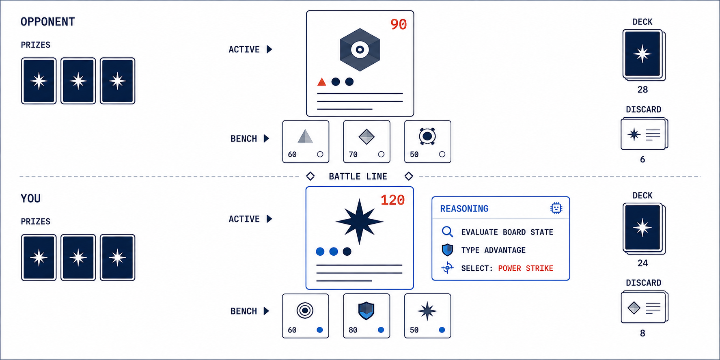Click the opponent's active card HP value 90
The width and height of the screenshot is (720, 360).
[x=398, y=24]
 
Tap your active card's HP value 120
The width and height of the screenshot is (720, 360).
[x=392, y=200]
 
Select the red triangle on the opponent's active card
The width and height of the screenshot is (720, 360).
[x=321, y=82]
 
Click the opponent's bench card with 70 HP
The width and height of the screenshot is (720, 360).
[x=366, y=142]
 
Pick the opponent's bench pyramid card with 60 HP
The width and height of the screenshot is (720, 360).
[x=306, y=142]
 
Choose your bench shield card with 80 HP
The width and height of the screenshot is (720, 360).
[x=366, y=316]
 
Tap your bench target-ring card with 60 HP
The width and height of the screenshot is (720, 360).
[x=306, y=316]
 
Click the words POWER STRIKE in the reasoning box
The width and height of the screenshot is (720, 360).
[x=526, y=268]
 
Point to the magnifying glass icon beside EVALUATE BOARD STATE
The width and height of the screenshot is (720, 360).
[x=447, y=232]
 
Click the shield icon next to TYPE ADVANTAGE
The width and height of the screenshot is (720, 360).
[x=447, y=250]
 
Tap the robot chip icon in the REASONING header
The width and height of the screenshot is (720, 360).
[x=556, y=208]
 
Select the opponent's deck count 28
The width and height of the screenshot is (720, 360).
[x=642, y=90]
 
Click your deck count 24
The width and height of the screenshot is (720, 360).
[x=642, y=263]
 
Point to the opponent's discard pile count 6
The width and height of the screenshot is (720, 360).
[x=642, y=160]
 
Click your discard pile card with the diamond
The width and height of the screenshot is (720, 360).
[x=644, y=307]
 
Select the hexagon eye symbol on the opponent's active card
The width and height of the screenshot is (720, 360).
[x=360, y=50]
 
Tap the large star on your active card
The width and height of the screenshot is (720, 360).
[x=359, y=222]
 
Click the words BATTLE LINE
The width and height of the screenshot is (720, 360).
[x=358, y=177]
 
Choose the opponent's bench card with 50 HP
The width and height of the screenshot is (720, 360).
[x=428, y=142]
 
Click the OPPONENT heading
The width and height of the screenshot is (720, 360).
[x=48, y=22]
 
